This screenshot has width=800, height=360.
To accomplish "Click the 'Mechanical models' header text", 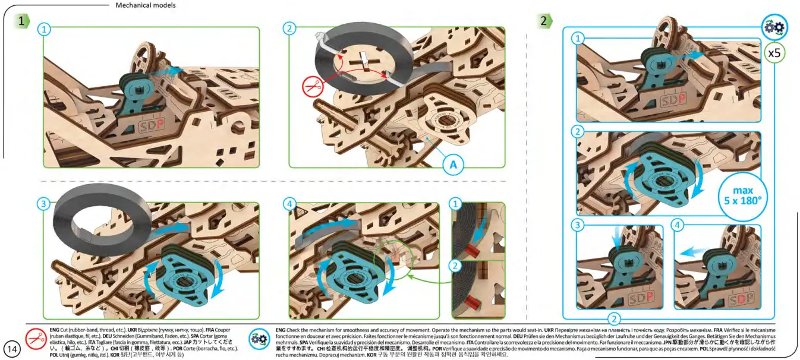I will (146, 5).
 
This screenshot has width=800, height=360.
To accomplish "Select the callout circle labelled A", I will (453, 165).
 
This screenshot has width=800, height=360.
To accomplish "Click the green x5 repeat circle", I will (774, 52).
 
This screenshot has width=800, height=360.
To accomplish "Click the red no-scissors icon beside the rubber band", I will (312, 87).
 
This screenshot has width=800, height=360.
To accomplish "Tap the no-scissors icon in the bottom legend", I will (37, 339).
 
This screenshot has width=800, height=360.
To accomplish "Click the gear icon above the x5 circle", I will (774, 27).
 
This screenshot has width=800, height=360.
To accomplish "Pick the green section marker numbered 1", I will (22, 21).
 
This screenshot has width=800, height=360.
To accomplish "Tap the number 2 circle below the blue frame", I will (615, 318).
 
